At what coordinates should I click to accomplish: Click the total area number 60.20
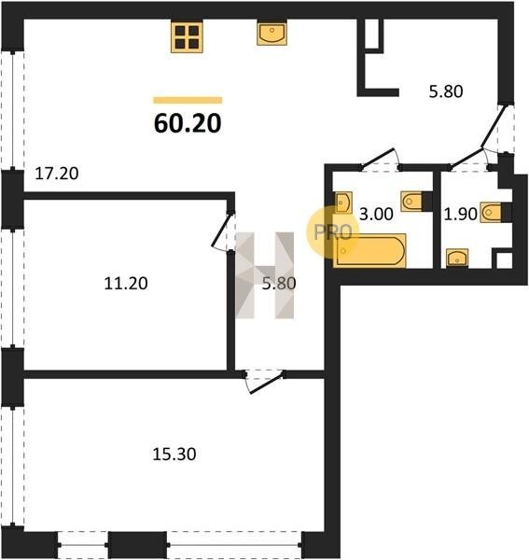[x=188, y=123]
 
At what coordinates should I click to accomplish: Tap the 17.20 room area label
[x=57, y=174]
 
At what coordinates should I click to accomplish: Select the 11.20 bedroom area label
[x=126, y=284]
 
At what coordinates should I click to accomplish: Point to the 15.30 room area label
[x=174, y=455]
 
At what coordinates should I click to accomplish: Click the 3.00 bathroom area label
[x=376, y=215]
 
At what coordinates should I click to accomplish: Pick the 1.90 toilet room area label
[x=461, y=215]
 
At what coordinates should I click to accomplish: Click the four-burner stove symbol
[x=187, y=36]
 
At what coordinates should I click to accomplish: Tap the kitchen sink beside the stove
[x=272, y=34]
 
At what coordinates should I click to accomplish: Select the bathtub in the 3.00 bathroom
[x=370, y=250]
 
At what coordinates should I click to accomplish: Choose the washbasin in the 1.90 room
[x=457, y=258]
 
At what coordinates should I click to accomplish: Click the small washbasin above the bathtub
[x=343, y=203]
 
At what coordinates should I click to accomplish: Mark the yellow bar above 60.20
[x=188, y=101]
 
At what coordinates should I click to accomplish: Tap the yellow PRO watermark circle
[x=332, y=232]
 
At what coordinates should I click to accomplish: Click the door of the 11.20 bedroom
[x=221, y=231]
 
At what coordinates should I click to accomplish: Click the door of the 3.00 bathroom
[x=379, y=158]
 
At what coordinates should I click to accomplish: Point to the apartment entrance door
[x=494, y=126]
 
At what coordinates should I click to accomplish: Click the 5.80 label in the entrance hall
[x=446, y=91]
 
